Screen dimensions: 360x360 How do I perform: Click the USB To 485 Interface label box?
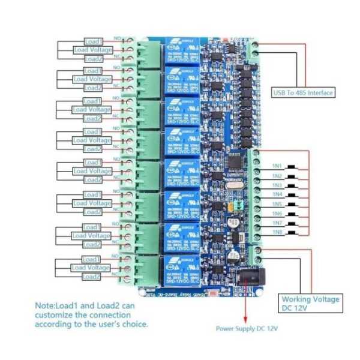pos(304,92)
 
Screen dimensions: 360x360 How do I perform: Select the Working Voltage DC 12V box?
pos(310,304)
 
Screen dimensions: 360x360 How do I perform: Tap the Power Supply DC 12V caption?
pos(247,329)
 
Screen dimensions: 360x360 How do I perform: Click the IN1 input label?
pos(277,166)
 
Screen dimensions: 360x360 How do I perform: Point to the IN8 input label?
pos(277,232)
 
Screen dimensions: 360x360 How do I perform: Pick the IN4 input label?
pos(277,194)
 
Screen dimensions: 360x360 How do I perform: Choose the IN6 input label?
pos(277,214)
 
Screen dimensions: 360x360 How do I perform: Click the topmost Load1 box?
pos(93,41)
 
